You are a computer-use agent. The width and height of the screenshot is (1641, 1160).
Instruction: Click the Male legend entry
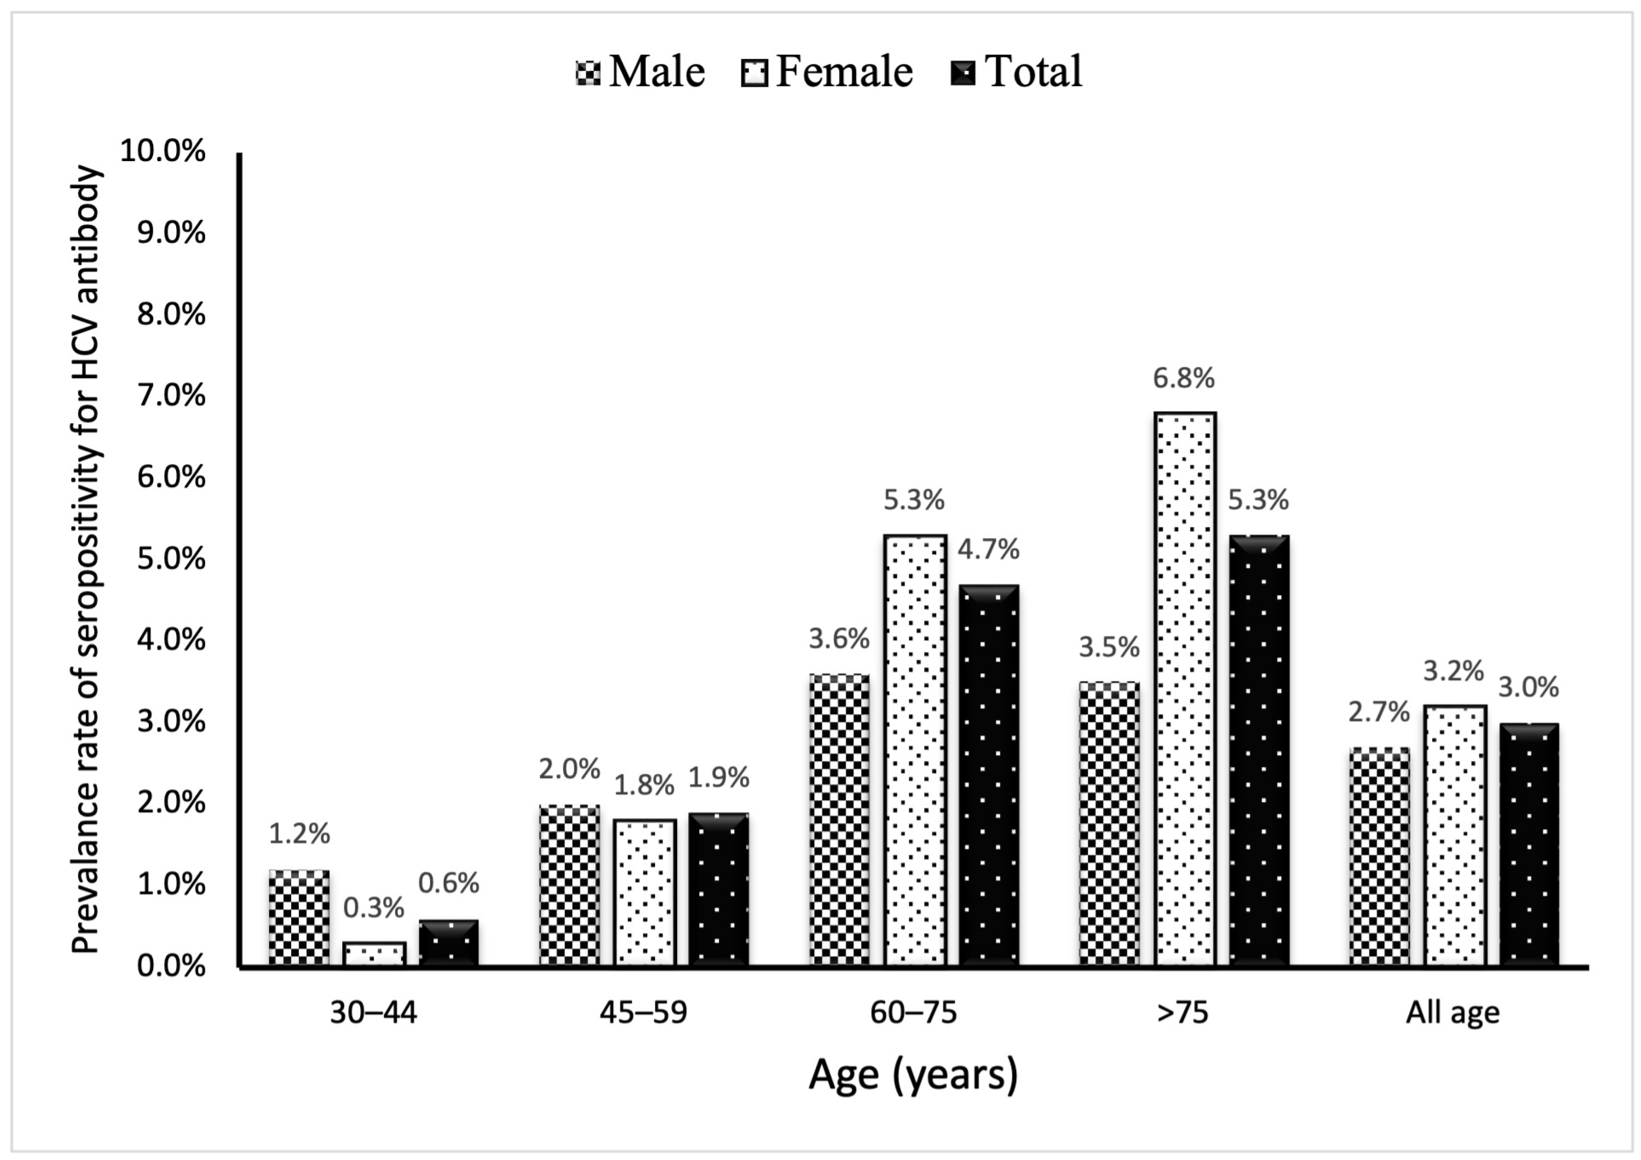[x=640, y=71]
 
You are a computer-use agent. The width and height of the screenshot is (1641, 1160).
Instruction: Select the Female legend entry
[x=827, y=71]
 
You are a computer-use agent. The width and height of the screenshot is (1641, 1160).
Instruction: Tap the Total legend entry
[x=1017, y=71]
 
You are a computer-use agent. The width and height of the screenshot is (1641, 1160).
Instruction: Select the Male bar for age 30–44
[x=300, y=919]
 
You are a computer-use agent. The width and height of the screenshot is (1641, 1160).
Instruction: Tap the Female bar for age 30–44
[x=375, y=954]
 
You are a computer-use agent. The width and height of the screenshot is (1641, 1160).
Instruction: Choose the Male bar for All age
[x=1380, y=857]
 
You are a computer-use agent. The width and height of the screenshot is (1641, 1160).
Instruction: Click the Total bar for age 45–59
[x=719, y=890]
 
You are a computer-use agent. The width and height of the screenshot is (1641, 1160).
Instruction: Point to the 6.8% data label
[x=1184, y=378]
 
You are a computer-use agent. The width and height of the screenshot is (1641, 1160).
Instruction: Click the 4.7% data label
[x=988, y=549]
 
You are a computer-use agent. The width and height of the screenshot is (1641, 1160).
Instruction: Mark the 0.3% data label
[x=374, y=908]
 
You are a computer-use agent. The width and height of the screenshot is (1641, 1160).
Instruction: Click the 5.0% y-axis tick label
[x=171, y=558]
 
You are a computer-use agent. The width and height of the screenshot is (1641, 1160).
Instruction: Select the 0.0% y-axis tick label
[x=171, y=967]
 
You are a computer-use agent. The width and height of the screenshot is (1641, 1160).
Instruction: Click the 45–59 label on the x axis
[x=643, y=1013]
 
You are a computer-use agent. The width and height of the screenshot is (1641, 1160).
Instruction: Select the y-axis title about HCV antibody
[x=86, y=560]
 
